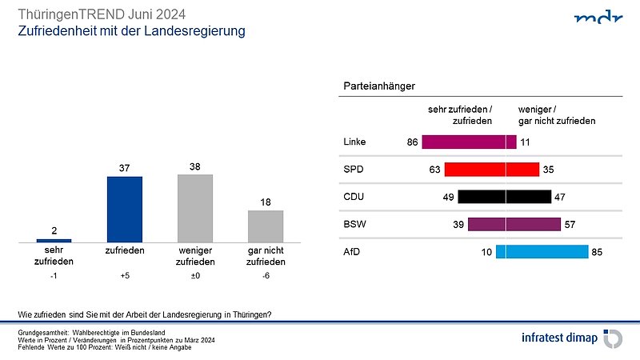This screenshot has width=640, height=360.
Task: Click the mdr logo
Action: (597, 18)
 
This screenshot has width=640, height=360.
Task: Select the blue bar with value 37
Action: (124, 209)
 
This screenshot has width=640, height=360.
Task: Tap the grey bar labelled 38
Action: (194, 208)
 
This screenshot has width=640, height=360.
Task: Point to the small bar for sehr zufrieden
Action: (54, 240)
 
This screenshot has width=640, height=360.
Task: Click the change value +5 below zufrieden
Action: (124, 276)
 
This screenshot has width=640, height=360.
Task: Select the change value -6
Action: (266, 276)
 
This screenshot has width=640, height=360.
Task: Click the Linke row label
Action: (354, 142)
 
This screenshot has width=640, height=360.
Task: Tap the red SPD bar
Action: (491, 170)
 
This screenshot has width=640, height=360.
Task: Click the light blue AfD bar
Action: (542, 252)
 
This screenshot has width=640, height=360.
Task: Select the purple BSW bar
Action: (514, 224)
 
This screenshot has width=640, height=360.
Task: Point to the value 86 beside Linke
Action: (413, 142)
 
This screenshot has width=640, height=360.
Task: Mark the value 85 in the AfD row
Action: (597, 252)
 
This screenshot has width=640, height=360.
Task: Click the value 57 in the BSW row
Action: (570, 225)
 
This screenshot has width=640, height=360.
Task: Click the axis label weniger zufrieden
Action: (194, 256)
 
